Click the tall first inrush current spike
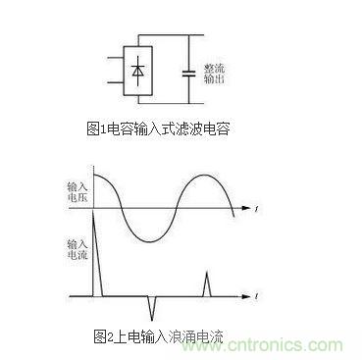(96, 235)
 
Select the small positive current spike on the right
(207, 284)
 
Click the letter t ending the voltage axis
(255, 209)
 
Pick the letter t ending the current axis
(255, 296)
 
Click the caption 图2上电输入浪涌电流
(159, 336)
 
